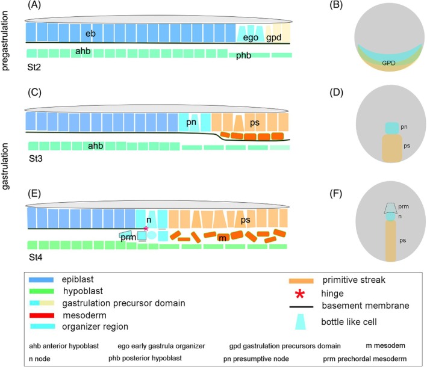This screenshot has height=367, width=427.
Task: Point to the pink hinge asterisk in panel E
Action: [x=145, y=228]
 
